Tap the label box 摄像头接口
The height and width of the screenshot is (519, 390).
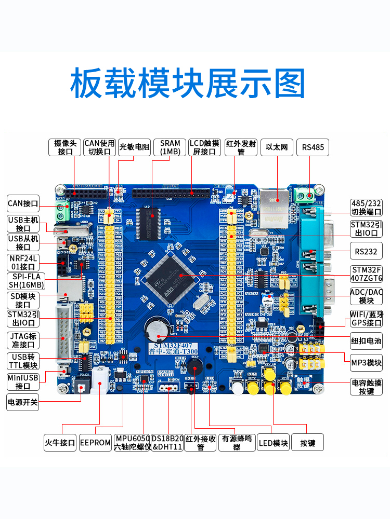pyautogui.click(x=65, y=147)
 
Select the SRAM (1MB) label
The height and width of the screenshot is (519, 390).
pyautogui.click(x=170, y=147)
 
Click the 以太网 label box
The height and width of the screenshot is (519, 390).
pyautogui.click(x=277, y=147)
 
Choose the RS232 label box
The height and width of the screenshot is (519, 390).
pyautogui.click(x=366, y=251)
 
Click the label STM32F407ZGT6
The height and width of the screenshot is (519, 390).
pyautogui.click(x=366, y=274)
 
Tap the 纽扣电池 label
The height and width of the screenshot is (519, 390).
pyautogui.click(x=366, y=340)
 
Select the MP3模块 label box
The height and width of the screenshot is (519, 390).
pyautogui.click(x=366, y=363)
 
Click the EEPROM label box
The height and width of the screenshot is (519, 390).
pyautogui.click(x=95, y=443)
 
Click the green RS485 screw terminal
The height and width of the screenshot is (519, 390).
pyautogui.click(x=305, y=196)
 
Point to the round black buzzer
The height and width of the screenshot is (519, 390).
pyautogui.click(x=194, y=367)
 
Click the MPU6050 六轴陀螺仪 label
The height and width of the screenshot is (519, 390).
pyautogui.click(x=132, y=443)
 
